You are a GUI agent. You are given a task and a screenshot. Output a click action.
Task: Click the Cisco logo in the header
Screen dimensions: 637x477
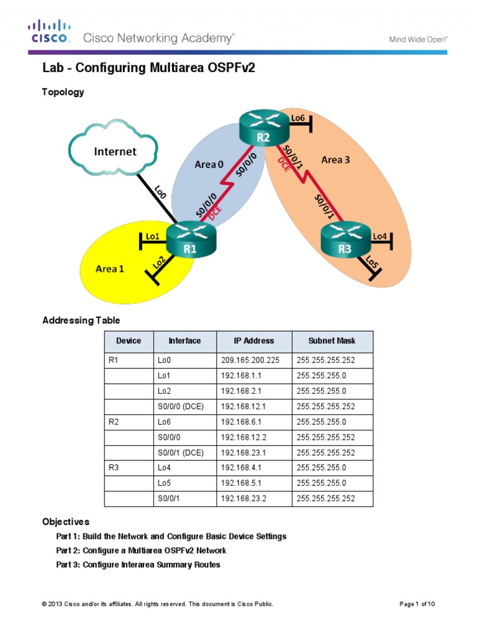point(48,31)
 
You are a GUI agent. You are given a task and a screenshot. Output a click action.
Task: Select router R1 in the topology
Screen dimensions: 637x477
point(189,241)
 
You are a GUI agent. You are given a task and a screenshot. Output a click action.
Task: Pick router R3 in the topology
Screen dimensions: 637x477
point(345,241)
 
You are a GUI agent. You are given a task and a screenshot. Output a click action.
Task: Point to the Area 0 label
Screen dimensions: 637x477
point(210,164)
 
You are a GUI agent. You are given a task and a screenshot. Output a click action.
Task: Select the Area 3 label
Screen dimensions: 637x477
point(335,160)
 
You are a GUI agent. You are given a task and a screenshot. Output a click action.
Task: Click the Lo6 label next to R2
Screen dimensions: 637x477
point(298,118)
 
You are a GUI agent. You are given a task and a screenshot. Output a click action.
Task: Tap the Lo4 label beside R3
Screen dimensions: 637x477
point(380,236)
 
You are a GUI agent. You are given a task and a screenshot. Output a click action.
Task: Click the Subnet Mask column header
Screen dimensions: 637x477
point(332,341)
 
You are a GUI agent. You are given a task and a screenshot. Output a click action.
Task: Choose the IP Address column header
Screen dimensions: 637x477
point(253,341)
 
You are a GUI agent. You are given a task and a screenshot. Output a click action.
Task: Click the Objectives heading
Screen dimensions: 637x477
point(66,521)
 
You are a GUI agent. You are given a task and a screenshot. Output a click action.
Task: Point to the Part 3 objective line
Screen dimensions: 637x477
point(138,565)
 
